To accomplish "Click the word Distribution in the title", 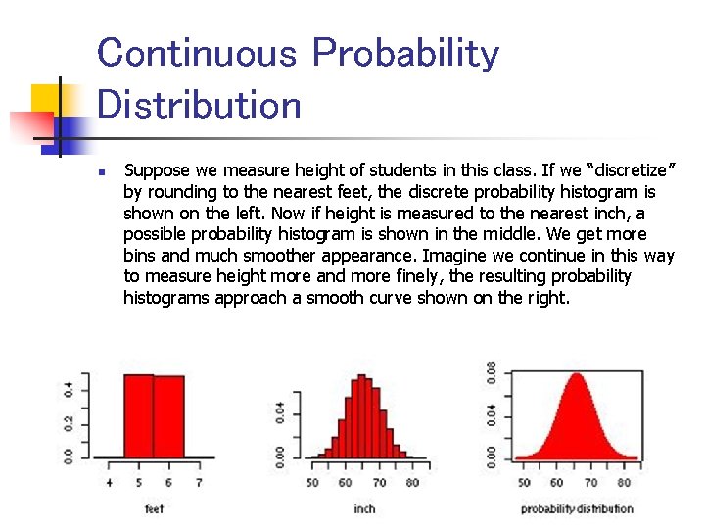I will point(200,104).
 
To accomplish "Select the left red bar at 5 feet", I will point(138,416).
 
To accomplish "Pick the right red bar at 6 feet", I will point(168,416).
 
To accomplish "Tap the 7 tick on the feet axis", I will point(199,483).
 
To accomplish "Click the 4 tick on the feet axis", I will point(109,483).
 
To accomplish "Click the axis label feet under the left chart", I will point(154,508).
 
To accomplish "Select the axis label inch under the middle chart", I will point(364,508).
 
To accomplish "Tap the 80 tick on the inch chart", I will point(412,483).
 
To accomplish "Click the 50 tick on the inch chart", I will point(312,483).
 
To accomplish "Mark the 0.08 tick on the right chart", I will point(491,375).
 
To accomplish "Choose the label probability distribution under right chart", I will point(577,508).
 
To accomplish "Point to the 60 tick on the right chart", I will point(557,483).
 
